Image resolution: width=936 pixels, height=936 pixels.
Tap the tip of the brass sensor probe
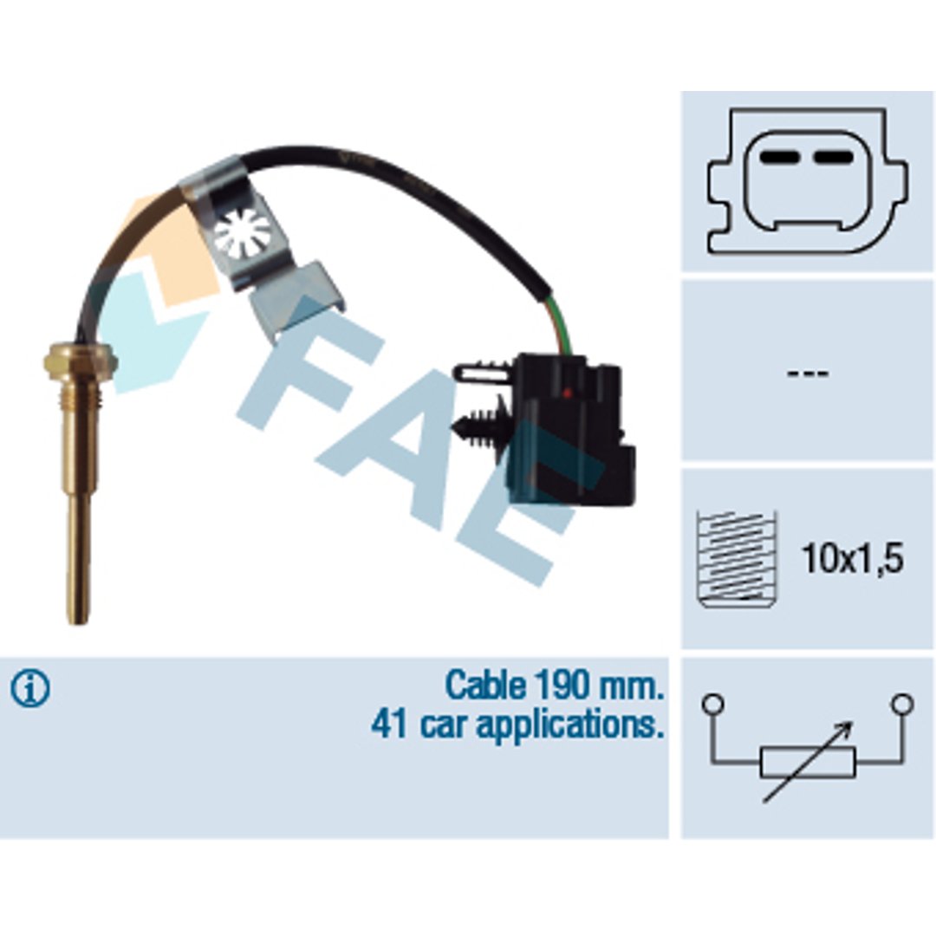tap(79, 621)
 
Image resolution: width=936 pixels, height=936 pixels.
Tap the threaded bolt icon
tap(738, 559)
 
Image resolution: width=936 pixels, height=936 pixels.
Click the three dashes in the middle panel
tap(808, 374)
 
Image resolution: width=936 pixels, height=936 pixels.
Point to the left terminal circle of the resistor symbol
tap(713, 704)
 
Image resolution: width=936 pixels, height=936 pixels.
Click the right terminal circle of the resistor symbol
tap(902, 704)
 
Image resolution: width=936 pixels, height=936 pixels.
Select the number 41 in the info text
tap(389, 724)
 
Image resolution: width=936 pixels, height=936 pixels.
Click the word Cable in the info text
tap(485, 686)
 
